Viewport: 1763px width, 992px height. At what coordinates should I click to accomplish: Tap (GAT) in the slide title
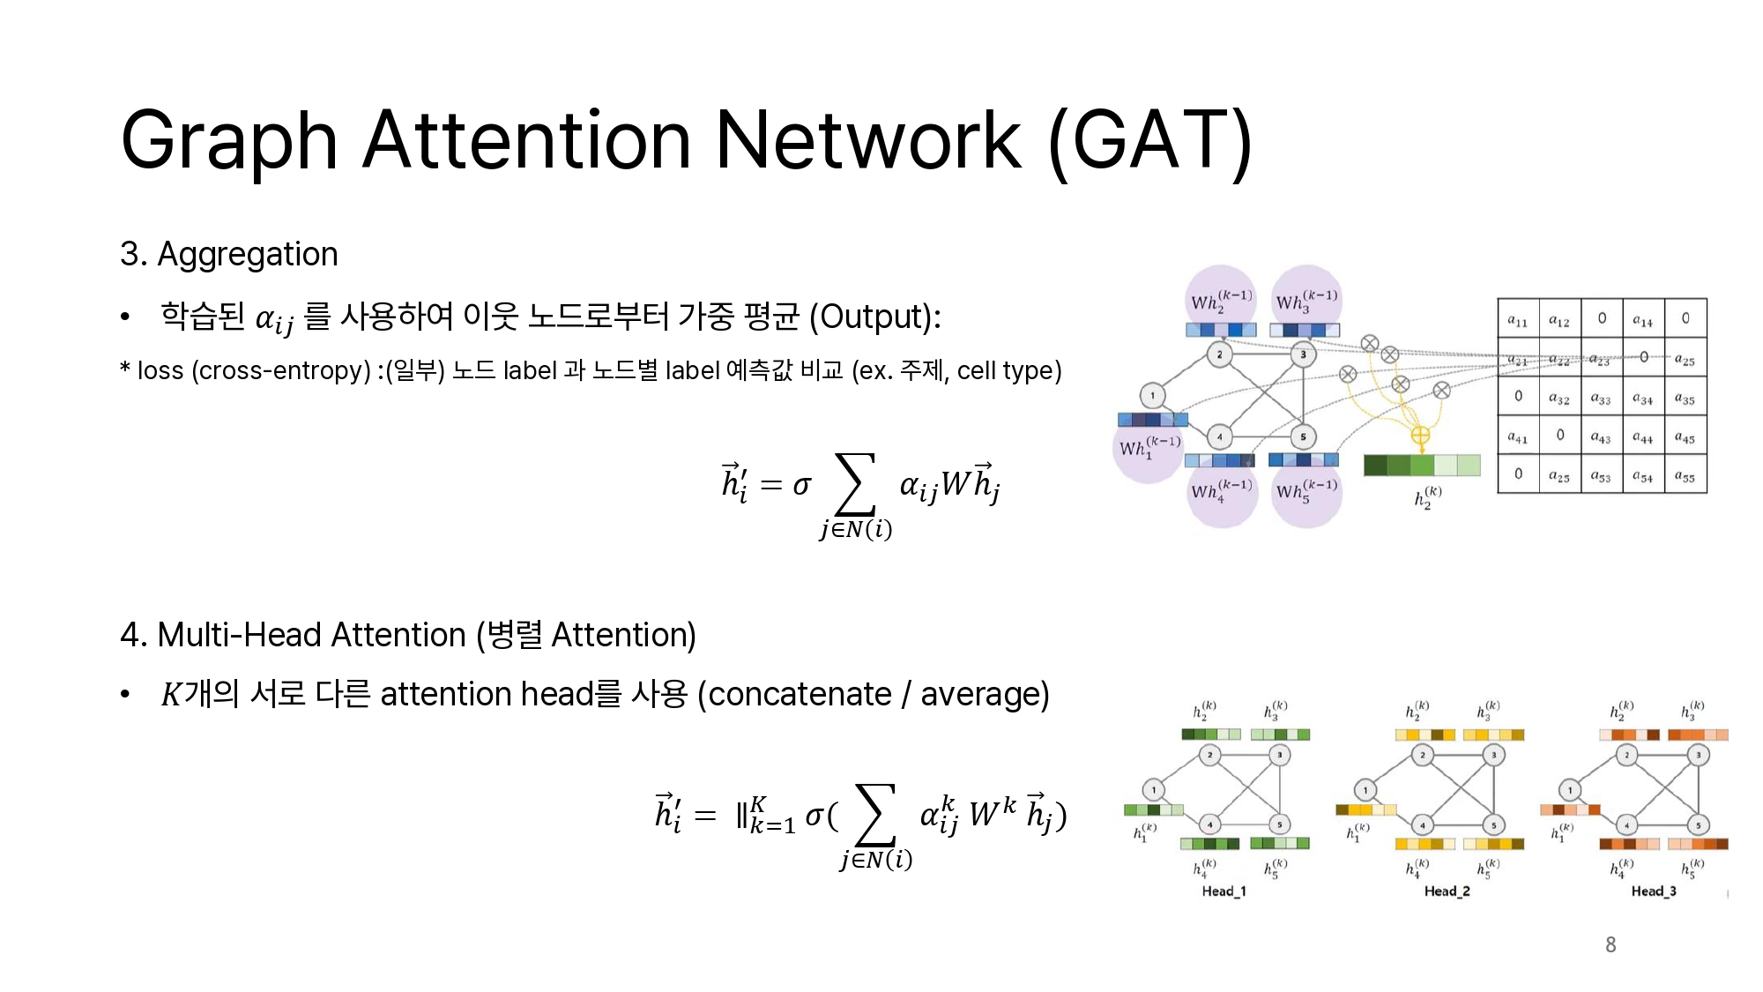point(1150,141)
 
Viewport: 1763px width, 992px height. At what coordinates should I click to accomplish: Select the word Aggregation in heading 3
point(247,255)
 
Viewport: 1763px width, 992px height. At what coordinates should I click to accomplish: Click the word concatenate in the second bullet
point(800,695)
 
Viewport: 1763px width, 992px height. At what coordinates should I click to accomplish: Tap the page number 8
point(1611,945)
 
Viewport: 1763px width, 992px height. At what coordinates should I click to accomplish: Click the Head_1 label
point(1224,891)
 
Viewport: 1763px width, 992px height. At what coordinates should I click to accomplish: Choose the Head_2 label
point(1447,891)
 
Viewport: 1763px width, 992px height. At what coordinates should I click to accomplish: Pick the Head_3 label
point(1653,891)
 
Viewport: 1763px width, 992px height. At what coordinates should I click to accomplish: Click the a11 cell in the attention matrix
point(1517,320)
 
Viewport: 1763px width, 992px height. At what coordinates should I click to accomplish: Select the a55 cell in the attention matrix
point(1685,476)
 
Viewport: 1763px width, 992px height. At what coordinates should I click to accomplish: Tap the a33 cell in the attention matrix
point(1600,399)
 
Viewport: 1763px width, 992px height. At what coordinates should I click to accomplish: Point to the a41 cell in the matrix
point(1517,436)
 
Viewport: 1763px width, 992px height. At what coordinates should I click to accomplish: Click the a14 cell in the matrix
point(1642,320)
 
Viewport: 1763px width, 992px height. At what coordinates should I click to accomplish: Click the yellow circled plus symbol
point(1420,435)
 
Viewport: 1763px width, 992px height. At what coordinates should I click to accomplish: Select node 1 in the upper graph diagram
point(1152,395)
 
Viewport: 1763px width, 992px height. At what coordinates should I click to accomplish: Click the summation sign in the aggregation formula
point(854,483)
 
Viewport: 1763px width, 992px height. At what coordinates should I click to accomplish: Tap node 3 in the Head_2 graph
point(1493,755)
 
